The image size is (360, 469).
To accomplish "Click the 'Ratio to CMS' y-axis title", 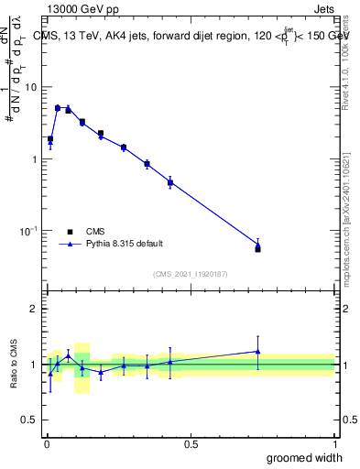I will (14, 365).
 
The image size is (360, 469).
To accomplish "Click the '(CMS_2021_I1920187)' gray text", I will (190, 274).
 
